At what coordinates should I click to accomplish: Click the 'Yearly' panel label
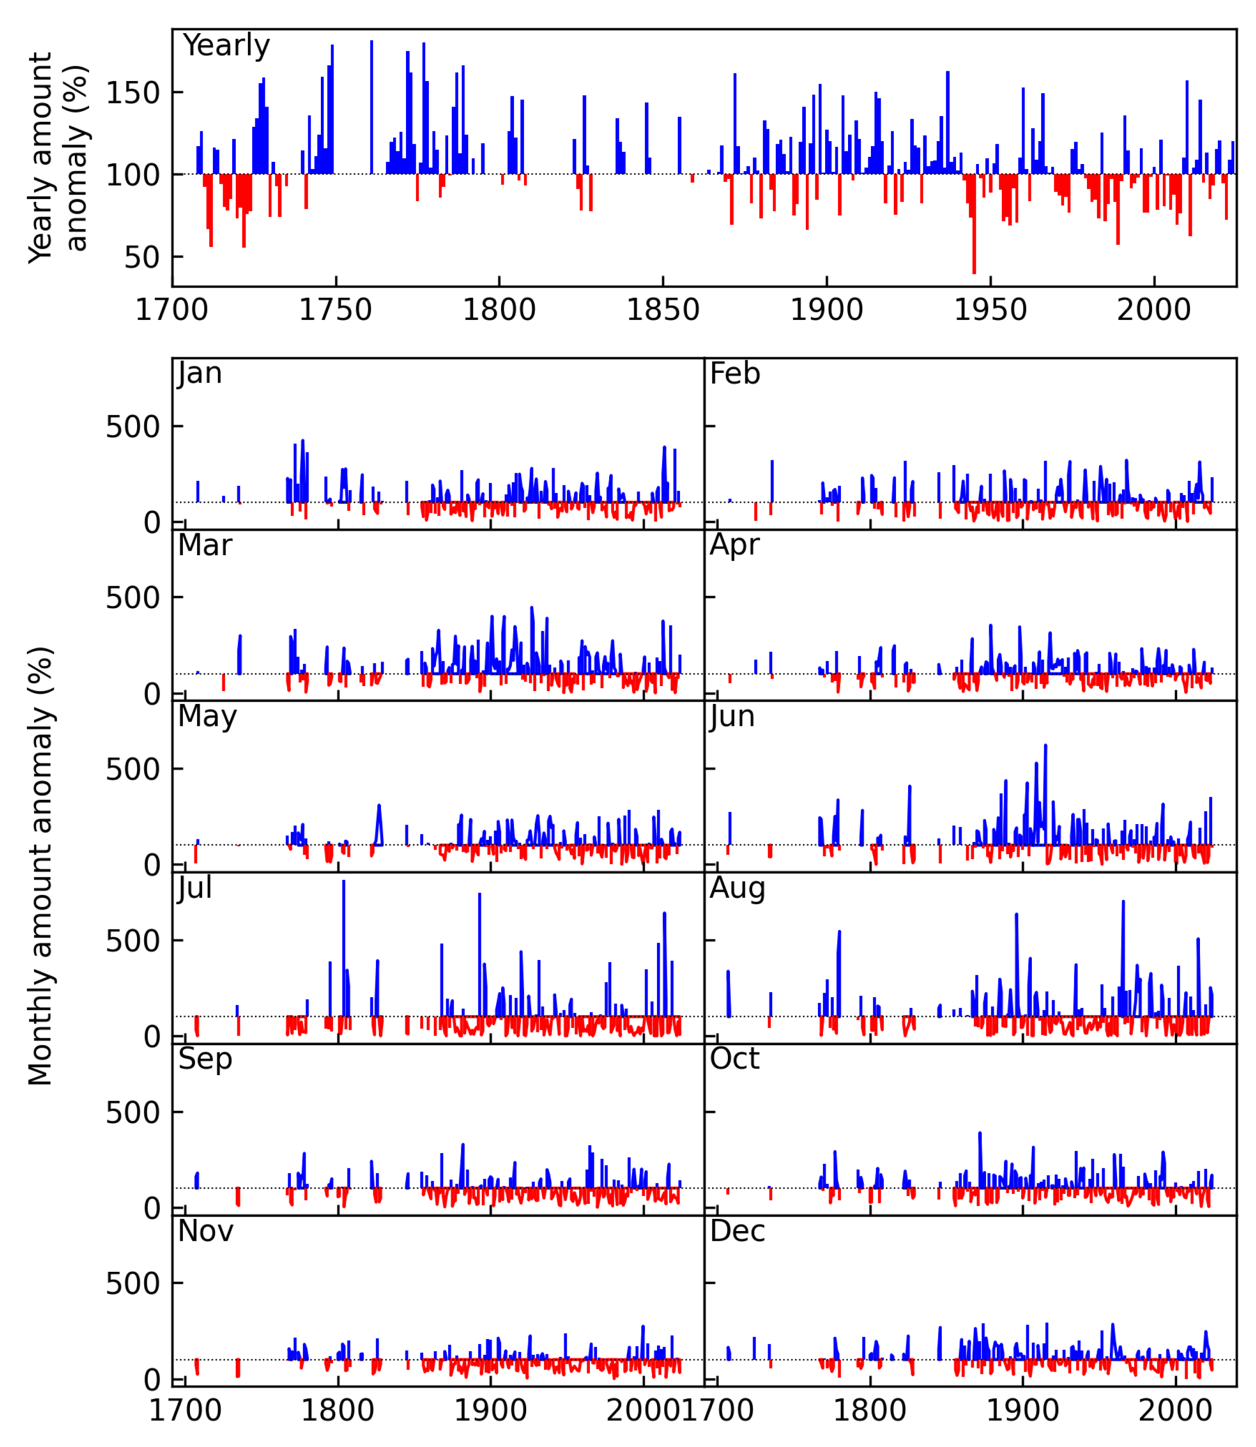pos(226,46)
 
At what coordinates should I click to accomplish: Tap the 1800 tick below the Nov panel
pos(337,1410)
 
